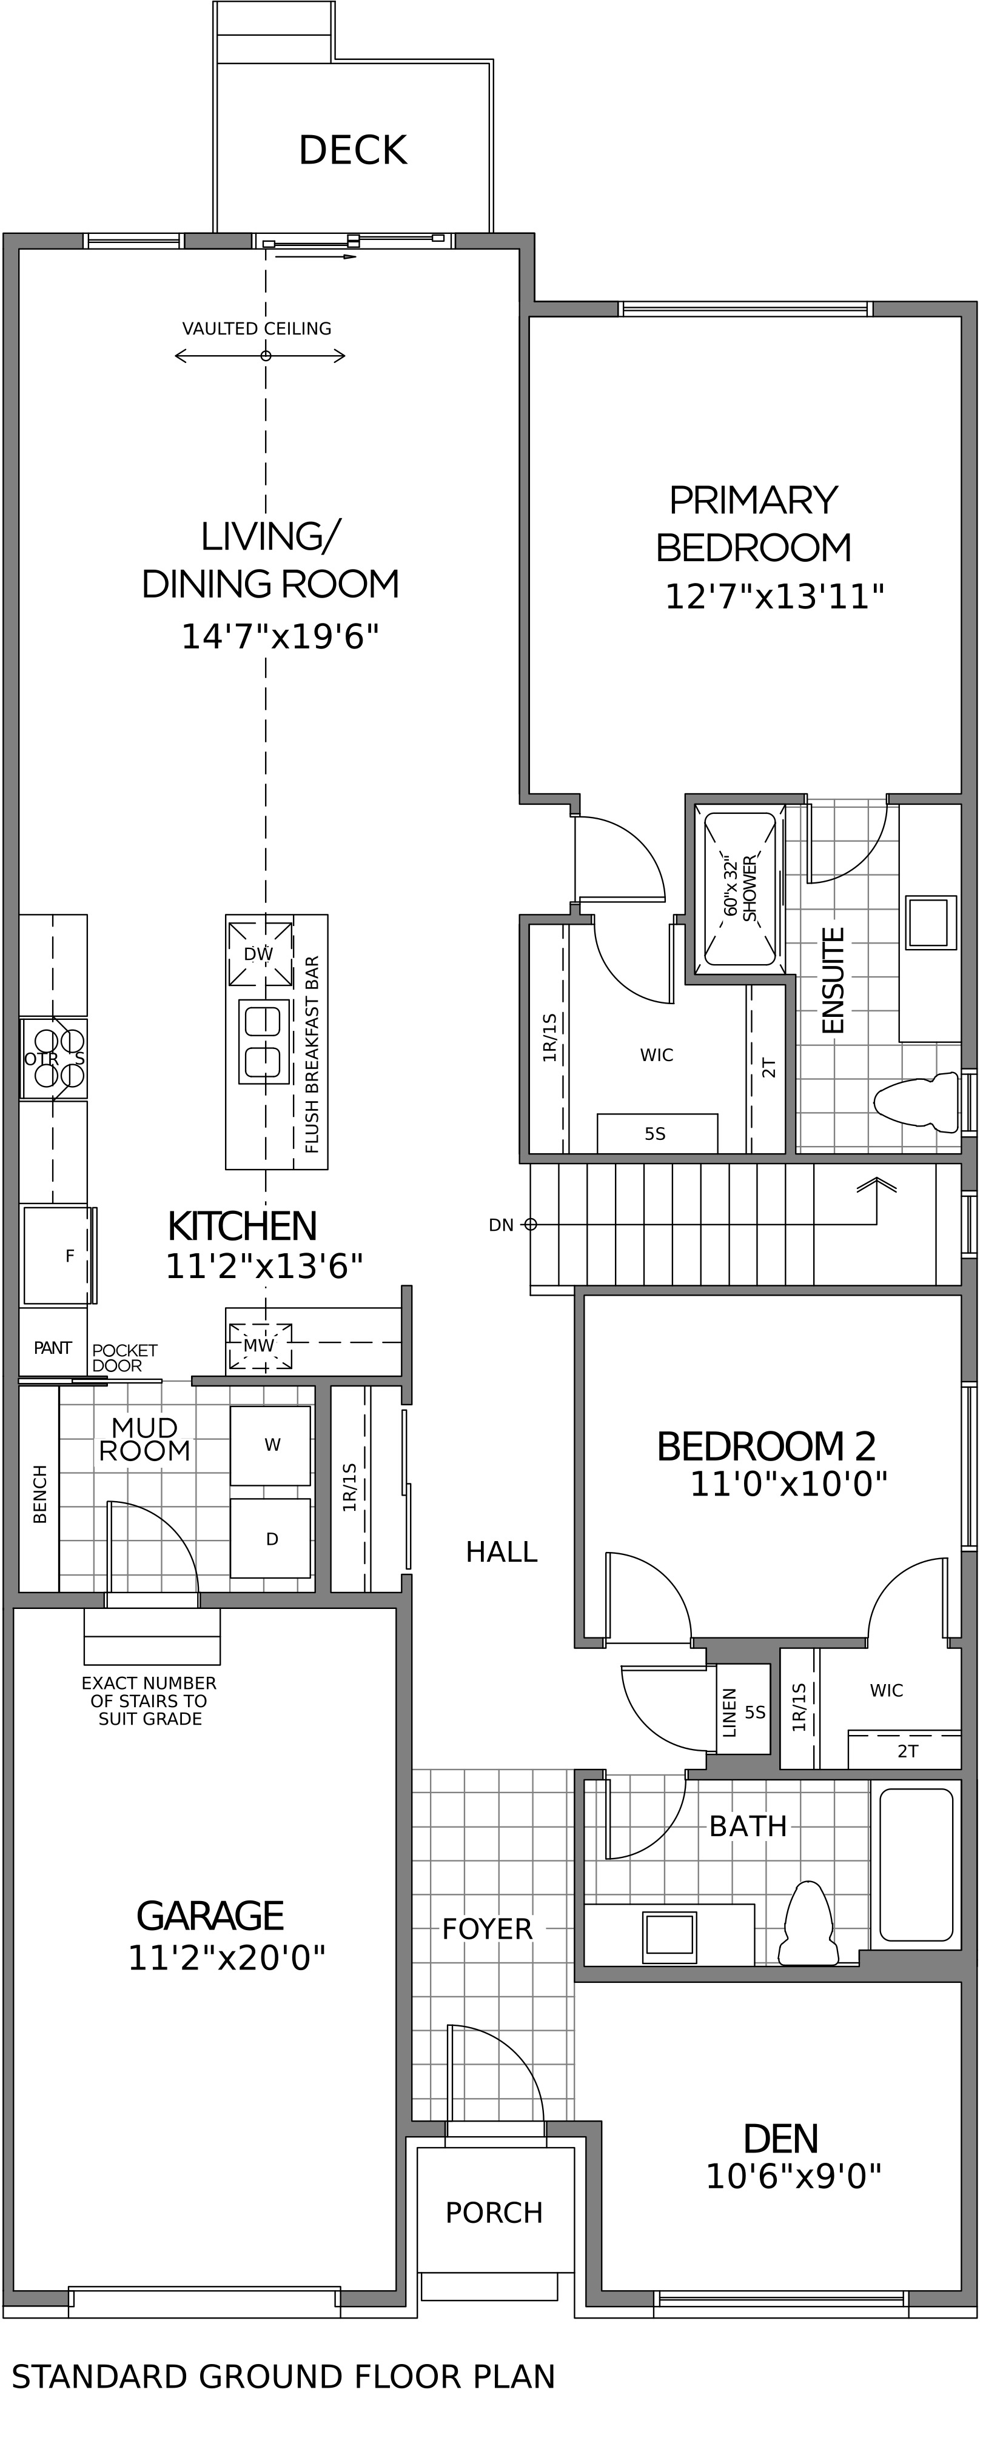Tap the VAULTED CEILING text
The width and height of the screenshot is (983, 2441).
point(257,329)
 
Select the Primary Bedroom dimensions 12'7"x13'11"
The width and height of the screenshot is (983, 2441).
point(774,597)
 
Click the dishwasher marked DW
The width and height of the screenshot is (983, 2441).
point(260,953)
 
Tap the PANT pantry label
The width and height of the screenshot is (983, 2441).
point(52,1348)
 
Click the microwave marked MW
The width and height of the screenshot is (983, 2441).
point(260,1345)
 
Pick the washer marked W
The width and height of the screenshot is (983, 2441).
point(270,1445)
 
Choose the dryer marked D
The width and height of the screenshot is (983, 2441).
point(270,1538)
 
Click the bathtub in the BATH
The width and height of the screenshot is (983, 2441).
point(916,1864)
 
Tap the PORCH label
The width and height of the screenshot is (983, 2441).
point(494,2213)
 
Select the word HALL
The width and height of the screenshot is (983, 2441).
point(502,1551)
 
